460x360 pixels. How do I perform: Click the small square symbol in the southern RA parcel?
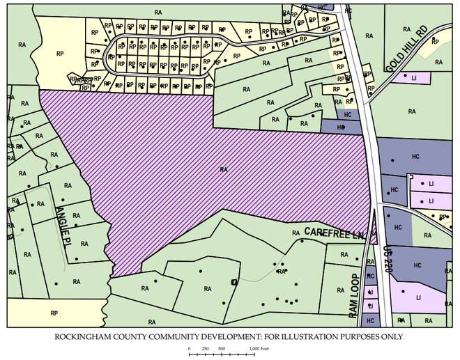click(234, 281)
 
